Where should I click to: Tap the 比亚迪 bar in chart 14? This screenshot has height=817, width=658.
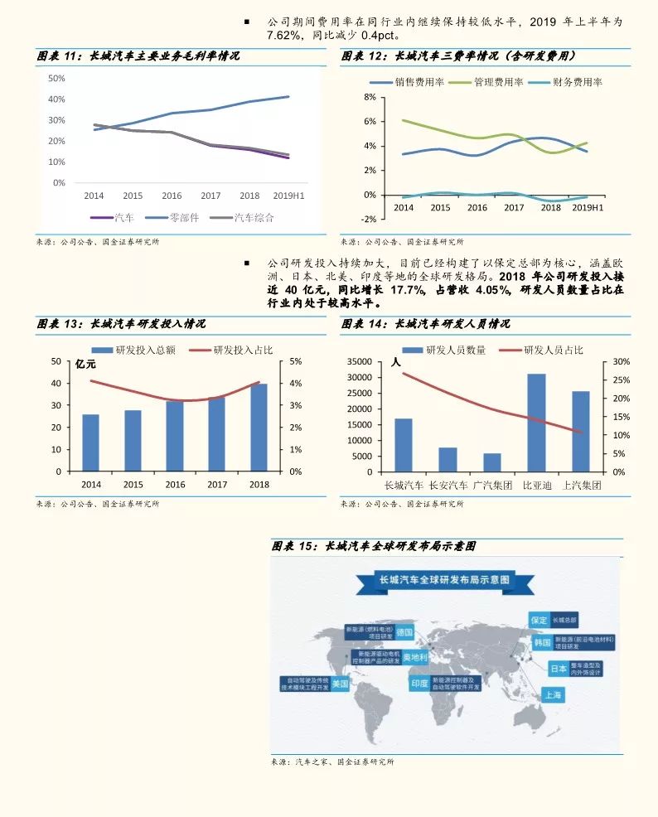[x=536, y=423]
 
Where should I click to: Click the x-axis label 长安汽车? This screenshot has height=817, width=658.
[x=448, y=485]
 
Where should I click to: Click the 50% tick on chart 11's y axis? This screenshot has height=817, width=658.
[x=57, y=78]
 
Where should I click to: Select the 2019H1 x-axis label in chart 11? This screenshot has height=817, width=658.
[x=288, y=196]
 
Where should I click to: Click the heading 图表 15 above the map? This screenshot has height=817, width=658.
[x=374, y=546]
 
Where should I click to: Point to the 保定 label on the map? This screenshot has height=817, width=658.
[x=539, y=620]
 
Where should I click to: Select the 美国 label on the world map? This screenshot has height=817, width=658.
[x=340, y=684]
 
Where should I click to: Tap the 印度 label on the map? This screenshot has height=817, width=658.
[x=419, y=683]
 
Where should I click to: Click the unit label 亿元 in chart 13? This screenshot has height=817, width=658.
[x=86, y=364]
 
